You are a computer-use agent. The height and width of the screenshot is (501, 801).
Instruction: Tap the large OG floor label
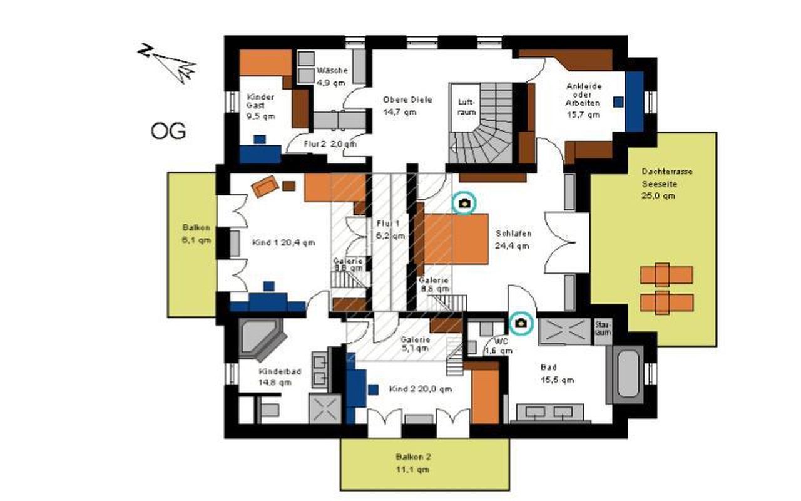click(x=168, y=132)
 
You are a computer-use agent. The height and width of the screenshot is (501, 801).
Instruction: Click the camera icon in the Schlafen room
click(x=464, y=203)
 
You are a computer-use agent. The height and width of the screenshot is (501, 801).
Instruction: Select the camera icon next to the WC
click(x=521, y=323)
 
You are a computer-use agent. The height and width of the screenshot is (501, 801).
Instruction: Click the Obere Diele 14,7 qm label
click(x=407, y=106)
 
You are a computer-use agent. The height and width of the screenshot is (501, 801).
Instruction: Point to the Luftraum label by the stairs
click(x=467, y=106)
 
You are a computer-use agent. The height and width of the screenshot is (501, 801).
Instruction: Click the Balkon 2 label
click(x=412, y=463)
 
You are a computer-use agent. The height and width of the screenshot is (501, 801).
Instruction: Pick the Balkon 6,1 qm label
click(x=196, y=234)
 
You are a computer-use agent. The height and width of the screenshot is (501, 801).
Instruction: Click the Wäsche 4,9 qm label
click(x=331, y=76)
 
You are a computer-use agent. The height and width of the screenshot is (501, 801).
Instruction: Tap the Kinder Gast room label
click(x=260, y=106)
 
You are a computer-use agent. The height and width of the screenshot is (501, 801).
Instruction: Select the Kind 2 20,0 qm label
click(x=420, y=389)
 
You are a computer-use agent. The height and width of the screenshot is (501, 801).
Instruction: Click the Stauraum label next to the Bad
click(x=603, y=329)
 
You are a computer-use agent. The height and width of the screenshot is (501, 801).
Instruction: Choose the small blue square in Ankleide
click(x=618, y=101)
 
